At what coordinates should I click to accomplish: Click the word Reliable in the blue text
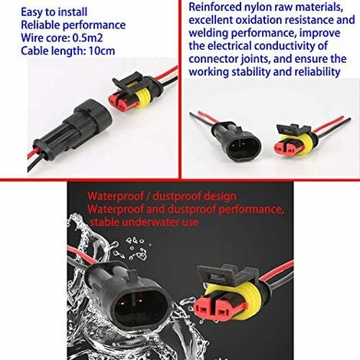tap(31, 25)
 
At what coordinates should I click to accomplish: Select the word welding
tap(210, 35)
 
